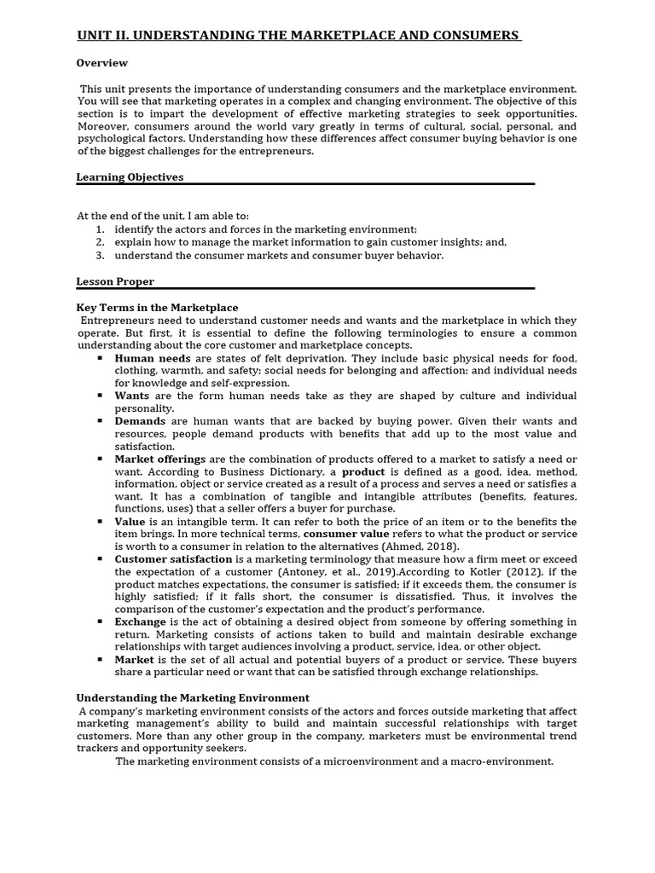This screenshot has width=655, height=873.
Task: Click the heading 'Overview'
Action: tap(102, 63)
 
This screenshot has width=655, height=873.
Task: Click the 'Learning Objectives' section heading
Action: tap(130, 177)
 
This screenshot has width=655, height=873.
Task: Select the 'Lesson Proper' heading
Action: tap(115, 281)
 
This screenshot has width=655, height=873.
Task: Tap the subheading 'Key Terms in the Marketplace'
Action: tap(158, 308)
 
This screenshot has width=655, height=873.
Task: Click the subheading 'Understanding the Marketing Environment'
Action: tap(193, 697)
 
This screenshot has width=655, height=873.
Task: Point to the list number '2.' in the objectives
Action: tap(100, 242)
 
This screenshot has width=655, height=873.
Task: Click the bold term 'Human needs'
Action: tap(153, 358)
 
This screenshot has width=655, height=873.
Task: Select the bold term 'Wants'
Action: tap(132, 396)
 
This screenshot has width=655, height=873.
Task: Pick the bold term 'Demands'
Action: tap(140, 421)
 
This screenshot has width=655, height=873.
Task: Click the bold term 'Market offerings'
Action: tap(160, 460)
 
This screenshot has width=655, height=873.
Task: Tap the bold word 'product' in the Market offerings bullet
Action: tap(364, 471)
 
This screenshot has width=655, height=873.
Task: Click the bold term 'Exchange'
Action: tap(140, 622)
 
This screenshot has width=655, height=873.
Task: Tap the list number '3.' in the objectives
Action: tap(100, 255)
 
